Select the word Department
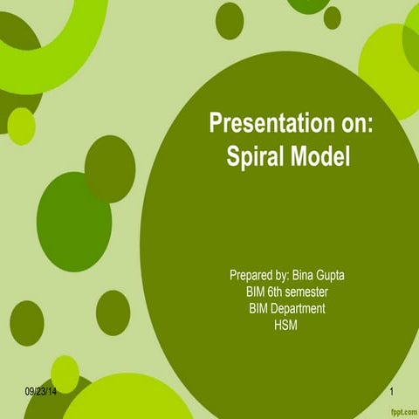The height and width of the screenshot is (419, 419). (x=298, y=308)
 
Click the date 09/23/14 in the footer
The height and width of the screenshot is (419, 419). (x=41, y=395)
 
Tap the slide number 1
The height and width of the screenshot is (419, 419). (x=393, y=395)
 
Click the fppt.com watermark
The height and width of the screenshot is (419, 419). (x=402, y=409)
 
